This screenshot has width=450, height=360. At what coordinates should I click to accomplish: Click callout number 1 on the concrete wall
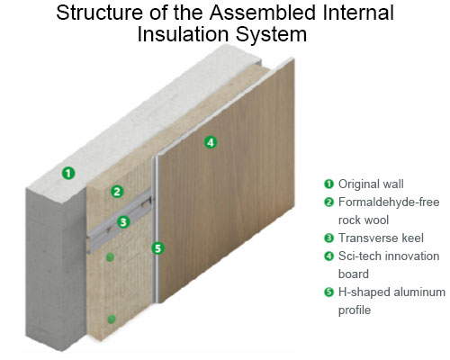[x=68, y=173]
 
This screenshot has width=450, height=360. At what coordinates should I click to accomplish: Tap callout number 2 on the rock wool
[x=117, y=192]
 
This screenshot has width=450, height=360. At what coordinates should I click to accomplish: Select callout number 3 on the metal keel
[x=123, y=222]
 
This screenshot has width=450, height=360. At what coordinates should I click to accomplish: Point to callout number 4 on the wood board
[x=211, y=142]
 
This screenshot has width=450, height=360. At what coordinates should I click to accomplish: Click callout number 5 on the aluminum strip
[x=157, y=248]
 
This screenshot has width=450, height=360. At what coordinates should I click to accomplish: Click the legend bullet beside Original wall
[x=329, y=184]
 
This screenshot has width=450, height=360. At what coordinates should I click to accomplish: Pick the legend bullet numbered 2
[x=329, y=202]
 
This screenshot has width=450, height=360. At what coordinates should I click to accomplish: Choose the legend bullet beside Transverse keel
[x=329, y=238]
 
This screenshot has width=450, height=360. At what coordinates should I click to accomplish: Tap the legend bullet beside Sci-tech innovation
[x=329, y=256]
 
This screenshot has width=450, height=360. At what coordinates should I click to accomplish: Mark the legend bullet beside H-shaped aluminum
[x=329, y=292]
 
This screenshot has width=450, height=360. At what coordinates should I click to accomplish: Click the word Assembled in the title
[x=263, y=13]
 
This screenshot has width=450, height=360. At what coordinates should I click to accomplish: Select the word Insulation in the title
[x=184, y=34]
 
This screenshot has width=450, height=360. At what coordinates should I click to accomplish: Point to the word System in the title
[x=271, y=35]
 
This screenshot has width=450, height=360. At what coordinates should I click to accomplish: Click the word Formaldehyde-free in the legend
[x=389, y=202]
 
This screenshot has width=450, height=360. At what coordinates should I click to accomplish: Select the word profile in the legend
[x=355, y=310]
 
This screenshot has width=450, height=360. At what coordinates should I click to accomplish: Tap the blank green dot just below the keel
[x=110, y=256]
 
